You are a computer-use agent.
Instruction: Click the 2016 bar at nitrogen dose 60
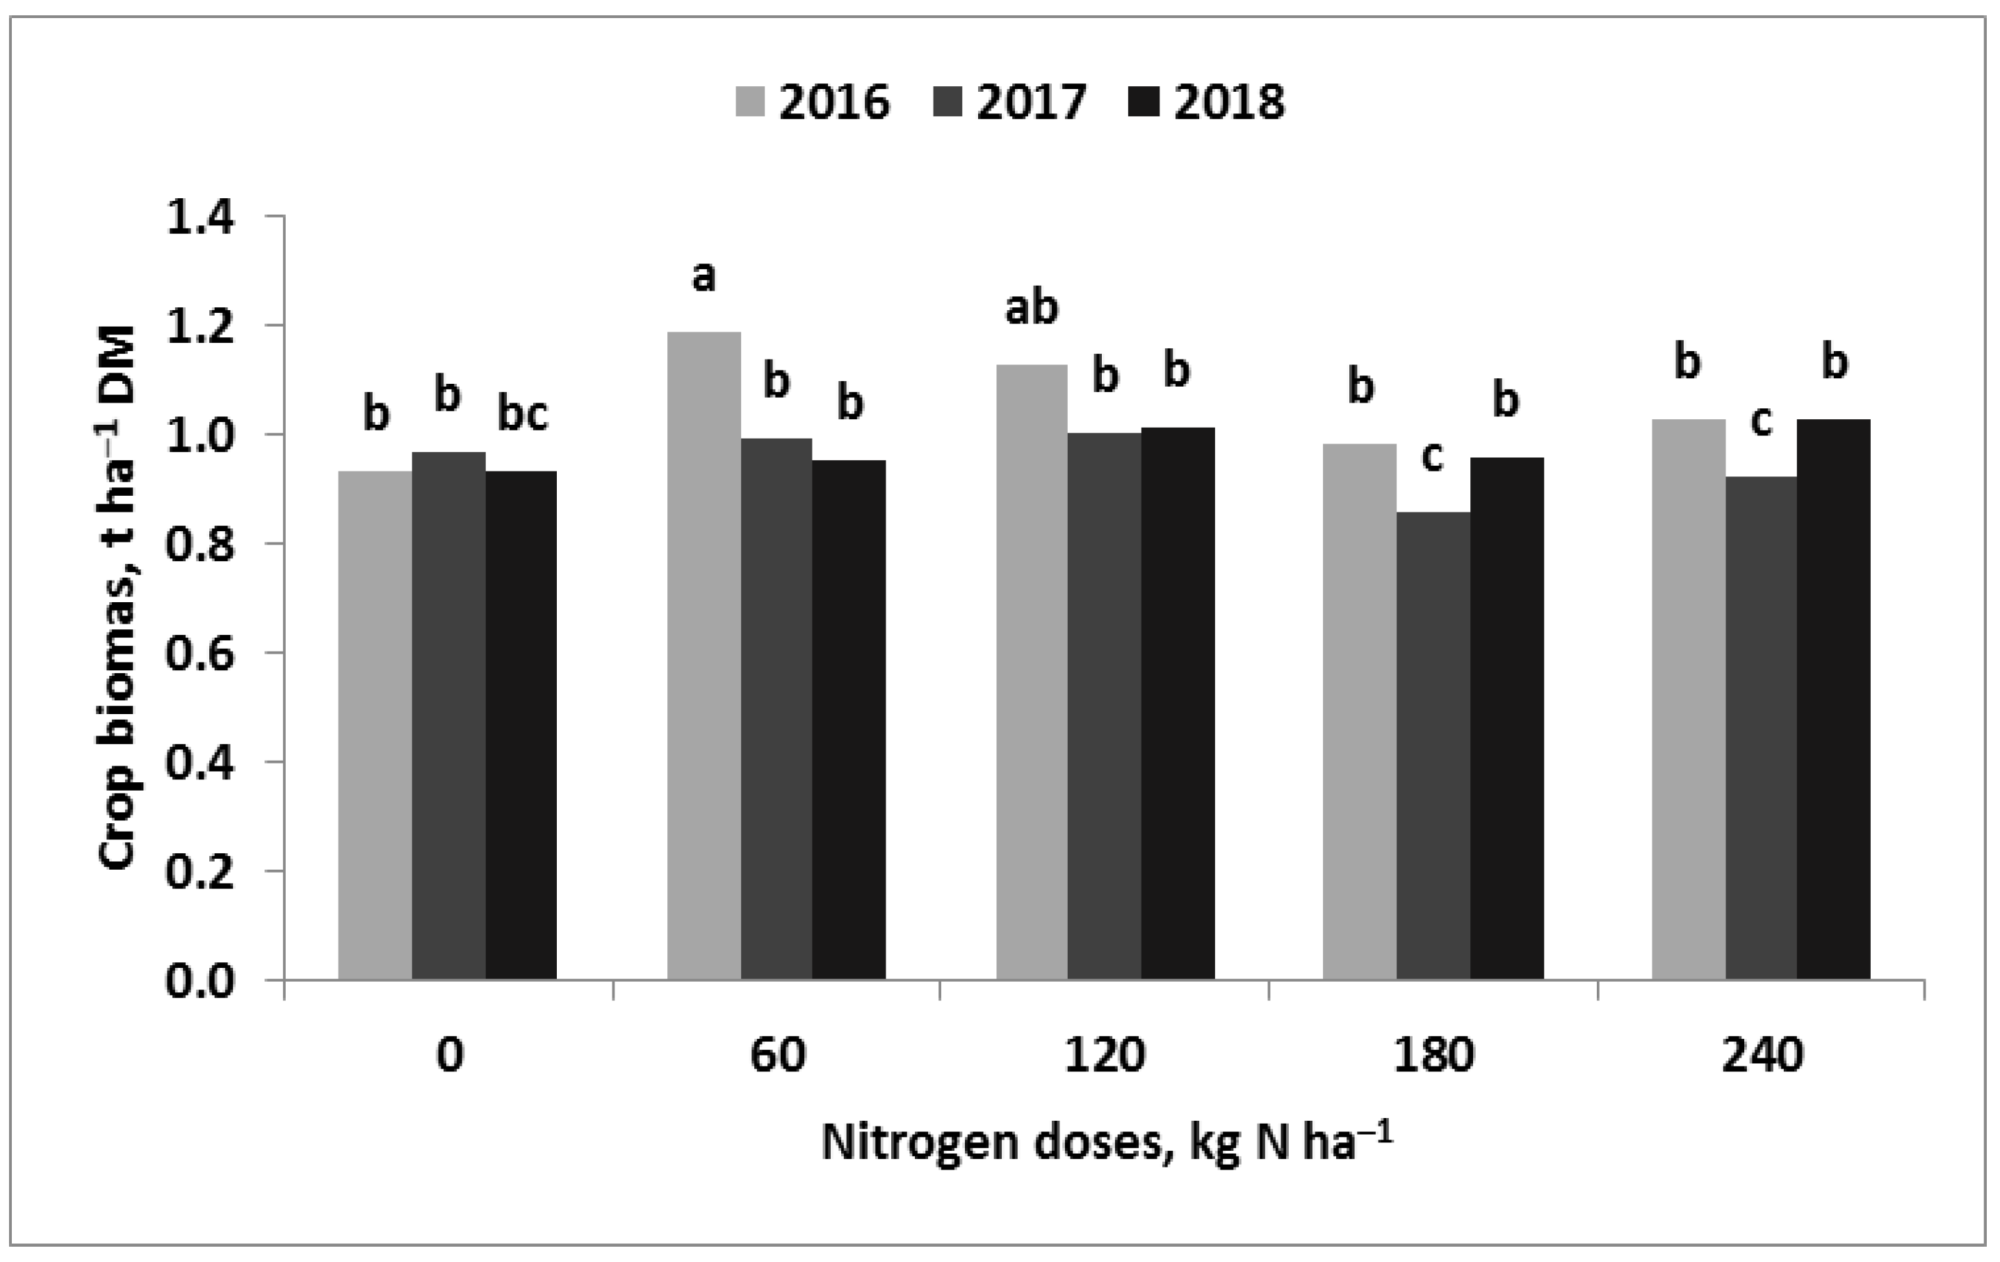point(704,656)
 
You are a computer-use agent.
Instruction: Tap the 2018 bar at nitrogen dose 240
point(1833,699)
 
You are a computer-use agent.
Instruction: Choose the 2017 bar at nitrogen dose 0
point(448,715)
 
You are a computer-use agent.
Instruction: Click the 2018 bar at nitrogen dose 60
point(848,720)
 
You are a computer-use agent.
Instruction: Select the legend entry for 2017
point(1010,102)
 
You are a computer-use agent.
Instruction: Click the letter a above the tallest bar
point(704,277)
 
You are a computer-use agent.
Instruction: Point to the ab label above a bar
point(1032,307)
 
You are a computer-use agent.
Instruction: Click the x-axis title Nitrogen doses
point(1105,1142)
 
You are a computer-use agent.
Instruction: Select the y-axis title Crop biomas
point(118,597)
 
